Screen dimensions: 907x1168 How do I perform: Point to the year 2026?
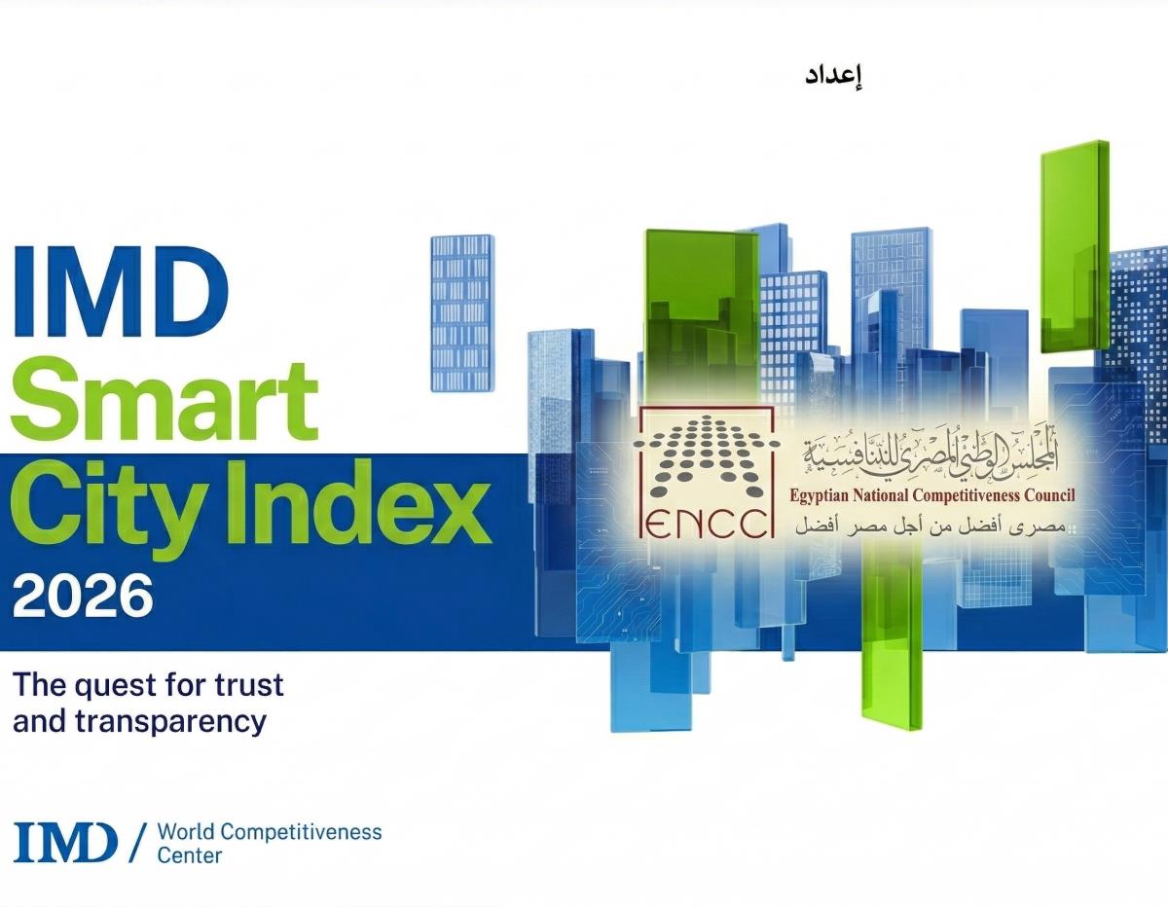pos(84,597)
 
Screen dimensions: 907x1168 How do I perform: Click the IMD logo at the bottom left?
pos(66,842)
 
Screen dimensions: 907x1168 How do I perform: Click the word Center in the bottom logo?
pos(190,856)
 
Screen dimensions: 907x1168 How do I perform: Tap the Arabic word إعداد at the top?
pos(834,78)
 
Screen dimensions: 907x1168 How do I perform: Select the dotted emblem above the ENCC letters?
pos(706,453)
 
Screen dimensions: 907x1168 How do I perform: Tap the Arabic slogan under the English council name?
pos(934,526)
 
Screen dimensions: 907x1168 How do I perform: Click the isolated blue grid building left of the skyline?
pos(461,311)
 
